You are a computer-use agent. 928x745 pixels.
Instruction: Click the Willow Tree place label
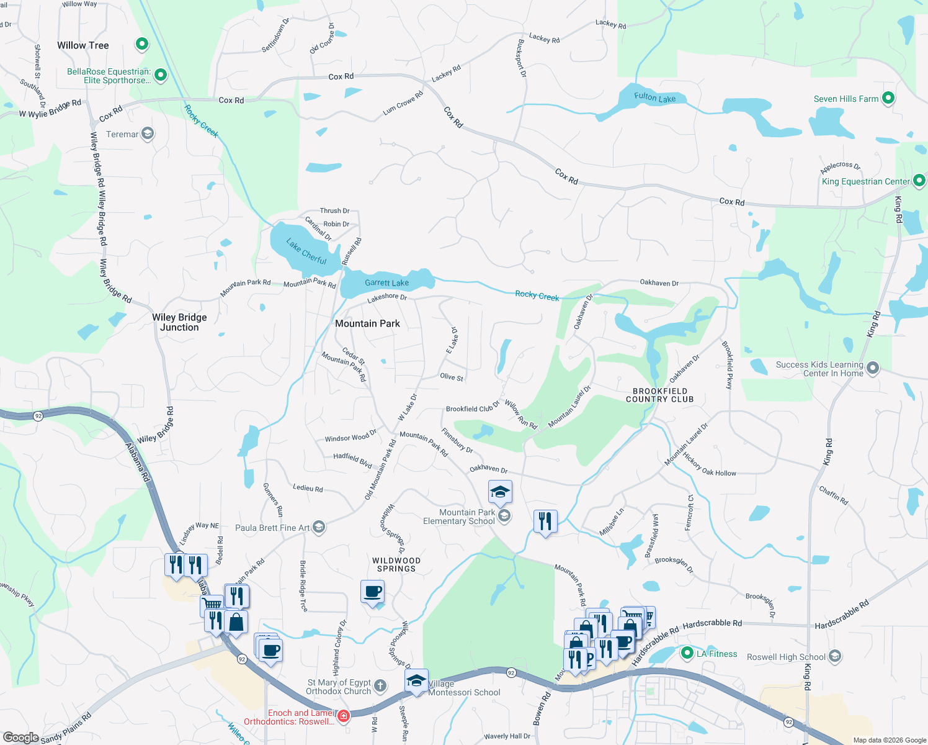point(83,45)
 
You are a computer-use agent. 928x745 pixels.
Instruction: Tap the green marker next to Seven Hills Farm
point(888,98)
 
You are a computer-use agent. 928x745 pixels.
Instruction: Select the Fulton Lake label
point(654,97)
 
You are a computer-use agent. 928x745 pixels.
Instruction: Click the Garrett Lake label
point(386,282)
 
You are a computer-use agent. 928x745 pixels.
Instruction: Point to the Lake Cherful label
point(306,251)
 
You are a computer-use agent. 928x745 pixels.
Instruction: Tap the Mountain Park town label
point(367,323)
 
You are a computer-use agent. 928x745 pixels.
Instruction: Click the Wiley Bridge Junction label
point(179,322)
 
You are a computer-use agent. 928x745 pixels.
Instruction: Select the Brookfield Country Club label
point(659,395)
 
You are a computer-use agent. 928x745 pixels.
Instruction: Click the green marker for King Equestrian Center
point(919,181)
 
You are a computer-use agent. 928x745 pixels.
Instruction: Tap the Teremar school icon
point(148,133)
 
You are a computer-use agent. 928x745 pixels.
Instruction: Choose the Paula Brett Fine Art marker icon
point(319,527)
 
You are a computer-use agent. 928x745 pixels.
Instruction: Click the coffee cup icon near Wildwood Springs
point(373,592)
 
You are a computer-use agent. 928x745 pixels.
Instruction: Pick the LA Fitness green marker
point(687,653)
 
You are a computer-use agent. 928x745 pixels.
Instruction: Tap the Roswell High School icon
point(834,656)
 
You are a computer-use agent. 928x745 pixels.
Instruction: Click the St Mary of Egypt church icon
point(380,686)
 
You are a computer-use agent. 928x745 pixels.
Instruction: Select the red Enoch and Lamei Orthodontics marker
point(343,716)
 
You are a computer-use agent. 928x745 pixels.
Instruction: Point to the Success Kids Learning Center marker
point(873,368)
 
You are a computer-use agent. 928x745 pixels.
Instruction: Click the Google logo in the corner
point(21,738)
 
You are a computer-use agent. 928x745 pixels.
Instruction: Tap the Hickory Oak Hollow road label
point(710,465)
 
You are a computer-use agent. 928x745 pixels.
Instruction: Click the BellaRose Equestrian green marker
point(161,75)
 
